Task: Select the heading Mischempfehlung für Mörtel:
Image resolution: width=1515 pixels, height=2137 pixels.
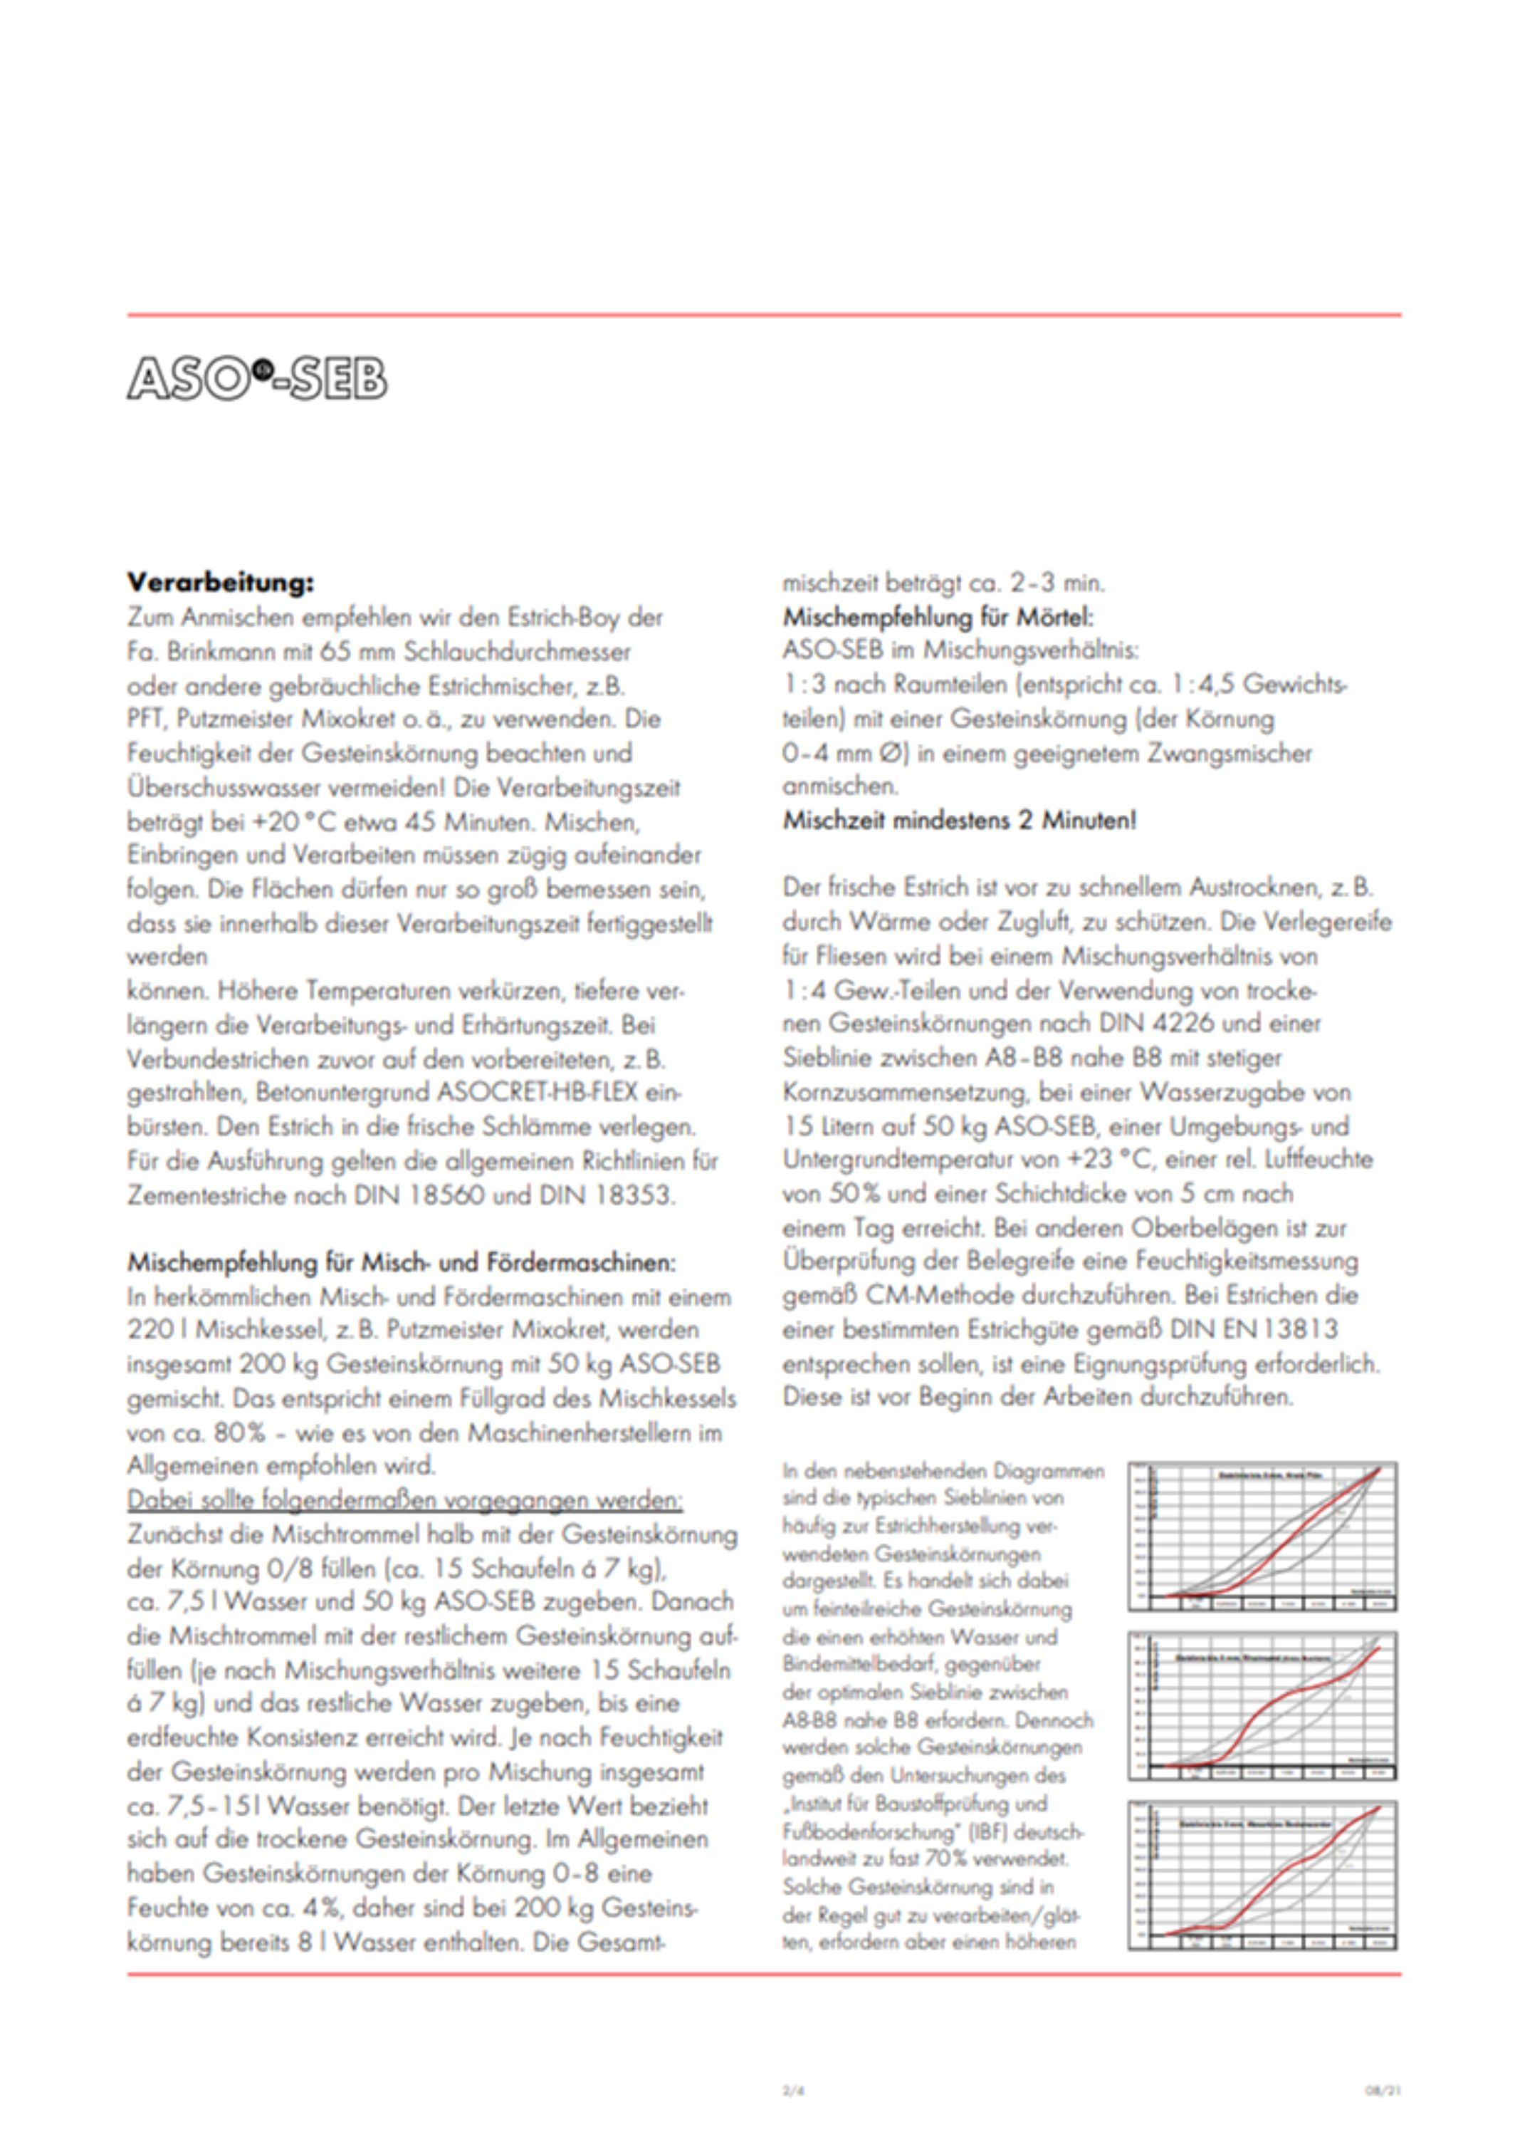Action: coord(938,617)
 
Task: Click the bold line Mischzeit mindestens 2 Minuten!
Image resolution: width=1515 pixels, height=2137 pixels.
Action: coord(959,821)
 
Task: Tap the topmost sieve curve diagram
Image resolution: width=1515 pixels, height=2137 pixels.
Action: coord(1262,1536)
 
